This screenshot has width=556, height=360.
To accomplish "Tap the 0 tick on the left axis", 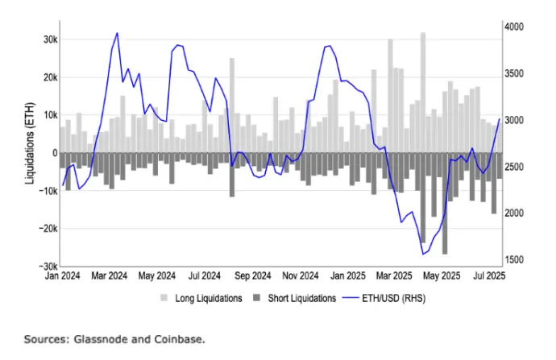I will [52, 153].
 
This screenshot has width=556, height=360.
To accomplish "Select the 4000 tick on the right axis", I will [514, 27].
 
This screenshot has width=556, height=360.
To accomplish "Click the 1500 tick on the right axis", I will [514, 260].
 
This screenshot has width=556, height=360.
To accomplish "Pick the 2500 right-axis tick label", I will [514, 167].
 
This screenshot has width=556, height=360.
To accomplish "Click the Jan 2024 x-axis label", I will [64, 275].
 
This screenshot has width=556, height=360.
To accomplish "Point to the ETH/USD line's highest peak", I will [118, 33].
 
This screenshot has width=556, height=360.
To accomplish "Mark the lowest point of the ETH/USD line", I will [423, 254].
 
